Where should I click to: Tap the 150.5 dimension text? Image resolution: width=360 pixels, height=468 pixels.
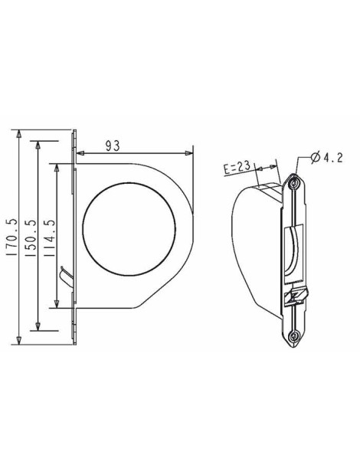tap(31, 237)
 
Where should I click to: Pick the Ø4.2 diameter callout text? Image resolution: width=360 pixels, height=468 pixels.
tap(326, 158)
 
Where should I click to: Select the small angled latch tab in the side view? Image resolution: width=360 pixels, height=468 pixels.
tap(65, 276)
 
